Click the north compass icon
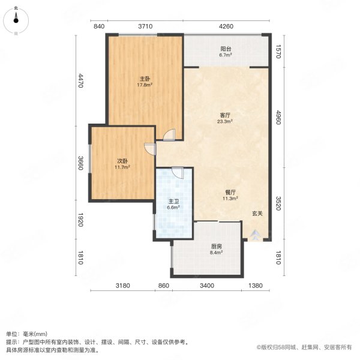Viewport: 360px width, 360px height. [16, 20]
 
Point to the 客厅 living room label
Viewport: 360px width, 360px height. [225, 115]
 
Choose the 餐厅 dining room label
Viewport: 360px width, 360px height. [230, 193]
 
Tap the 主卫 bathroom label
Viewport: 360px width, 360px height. [172, 202]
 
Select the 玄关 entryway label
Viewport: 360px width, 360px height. [257, 213]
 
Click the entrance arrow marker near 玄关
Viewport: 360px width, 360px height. [257, 234]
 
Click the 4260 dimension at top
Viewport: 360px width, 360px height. [226, 26]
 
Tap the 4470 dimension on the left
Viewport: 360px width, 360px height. [82, 81]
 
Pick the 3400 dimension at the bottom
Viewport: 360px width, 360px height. [206, 285]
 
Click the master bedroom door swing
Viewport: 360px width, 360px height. [170, 134]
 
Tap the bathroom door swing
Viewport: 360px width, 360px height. [176, 172]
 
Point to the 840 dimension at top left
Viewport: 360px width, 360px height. [100, 26]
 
